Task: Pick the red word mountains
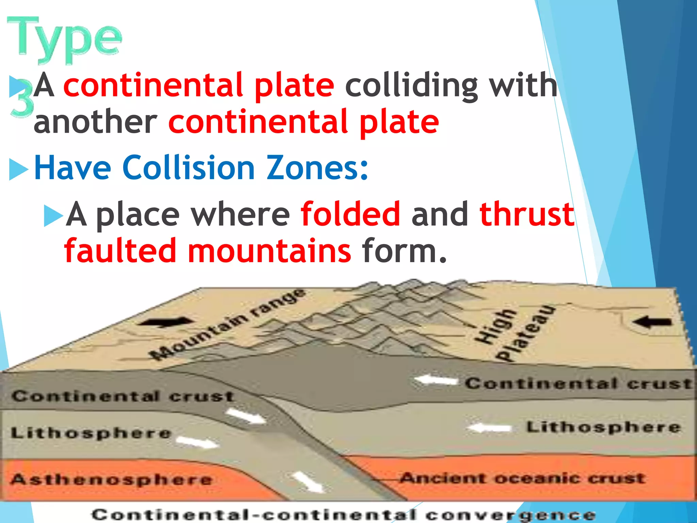tap(269, 251)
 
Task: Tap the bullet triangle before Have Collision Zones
tap(18, 169)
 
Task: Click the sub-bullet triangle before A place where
tap(53, 216)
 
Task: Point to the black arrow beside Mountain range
tap(167, 322)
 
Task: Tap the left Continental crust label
tap(123, 396)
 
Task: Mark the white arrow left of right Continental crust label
tap(436, 380)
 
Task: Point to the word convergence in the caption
tap(510, 515)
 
